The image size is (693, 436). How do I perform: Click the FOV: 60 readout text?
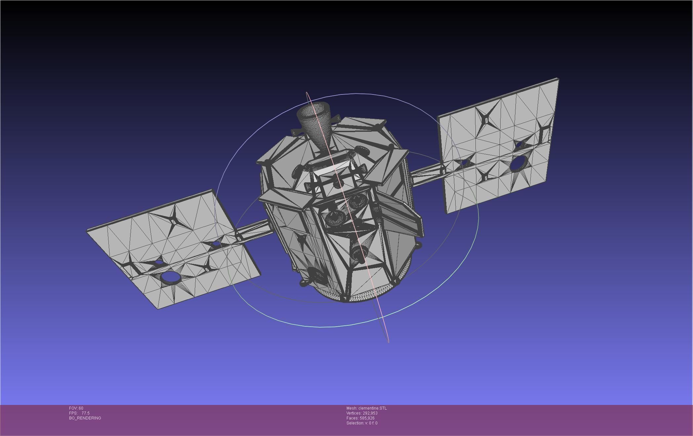coord(76,408)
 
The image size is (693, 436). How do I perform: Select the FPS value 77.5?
coord(85,413)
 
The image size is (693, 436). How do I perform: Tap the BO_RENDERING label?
coord(85,418)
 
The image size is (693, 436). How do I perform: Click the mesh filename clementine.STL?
coord(372,408)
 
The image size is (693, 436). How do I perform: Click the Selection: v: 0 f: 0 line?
coord(362,423)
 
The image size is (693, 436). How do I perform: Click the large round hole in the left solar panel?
coord(171,278)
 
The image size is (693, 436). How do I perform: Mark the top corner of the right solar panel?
coord(558,79)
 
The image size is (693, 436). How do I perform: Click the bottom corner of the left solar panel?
coord(158,309)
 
